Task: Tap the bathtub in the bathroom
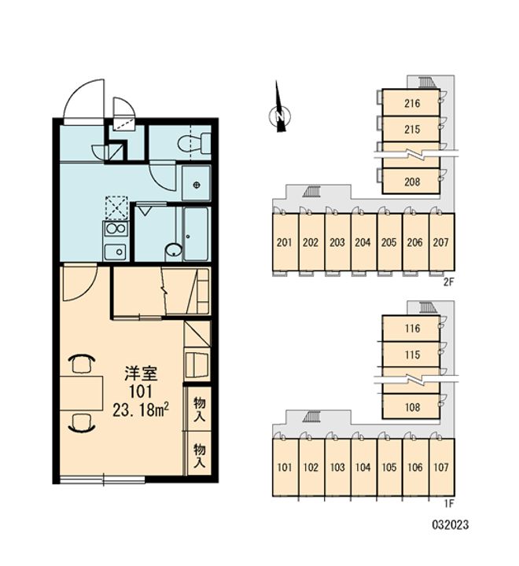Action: (196, 233)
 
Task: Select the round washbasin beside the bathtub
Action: (174, 251)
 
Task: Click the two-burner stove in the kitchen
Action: (116, 229)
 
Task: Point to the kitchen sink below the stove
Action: (116, 252)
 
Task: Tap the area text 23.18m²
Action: (142, 410)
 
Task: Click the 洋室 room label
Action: (141, 373)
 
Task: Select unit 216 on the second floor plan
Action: (411, 103)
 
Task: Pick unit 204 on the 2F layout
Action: (363, 242)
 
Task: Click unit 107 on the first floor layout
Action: (441, 467)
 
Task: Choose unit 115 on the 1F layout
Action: (411, 355)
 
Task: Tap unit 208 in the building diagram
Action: (411, 182)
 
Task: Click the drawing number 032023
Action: (451, 524)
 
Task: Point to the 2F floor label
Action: (448, 283)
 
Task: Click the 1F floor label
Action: (448, 503)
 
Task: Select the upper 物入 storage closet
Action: (199, 408)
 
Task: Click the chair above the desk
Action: (82, 363)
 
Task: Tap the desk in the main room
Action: (81, 393)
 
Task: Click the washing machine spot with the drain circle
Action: (196, 183)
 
